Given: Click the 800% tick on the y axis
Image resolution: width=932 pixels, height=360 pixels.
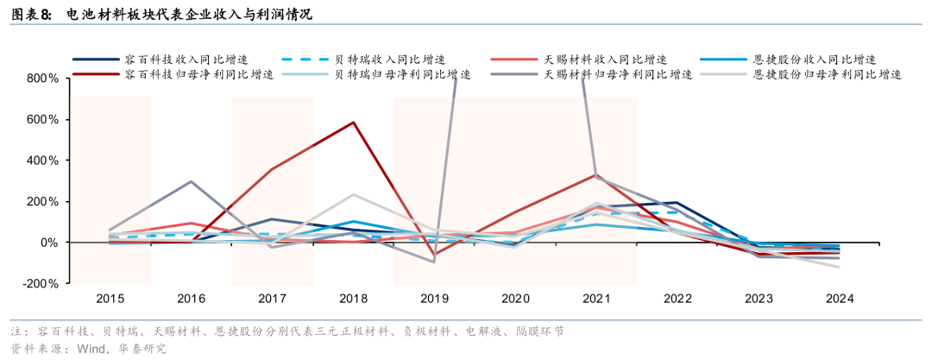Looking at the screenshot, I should [x=42, y=78].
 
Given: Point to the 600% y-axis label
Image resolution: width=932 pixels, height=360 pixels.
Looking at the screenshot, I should [x=42, y=119].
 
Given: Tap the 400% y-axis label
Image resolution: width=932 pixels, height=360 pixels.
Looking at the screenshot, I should [x=42, y=161].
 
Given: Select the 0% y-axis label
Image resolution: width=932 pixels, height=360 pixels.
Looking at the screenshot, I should [x=48, y=243].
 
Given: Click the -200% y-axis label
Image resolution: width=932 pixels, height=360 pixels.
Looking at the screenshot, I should [x=40, y=283].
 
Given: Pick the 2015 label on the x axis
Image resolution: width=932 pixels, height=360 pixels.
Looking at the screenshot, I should [x=110, y=299].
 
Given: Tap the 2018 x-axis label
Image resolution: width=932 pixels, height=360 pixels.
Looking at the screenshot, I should [x=353, y=299].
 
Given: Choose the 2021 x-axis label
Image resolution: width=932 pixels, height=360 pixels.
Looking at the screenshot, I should [x=596, y=299].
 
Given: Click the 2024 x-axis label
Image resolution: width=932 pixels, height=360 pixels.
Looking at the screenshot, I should [x=840, y=299].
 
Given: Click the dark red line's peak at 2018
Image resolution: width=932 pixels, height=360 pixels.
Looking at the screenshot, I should [x=354, y=123].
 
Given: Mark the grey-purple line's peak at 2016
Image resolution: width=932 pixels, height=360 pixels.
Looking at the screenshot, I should [x=191, y=181].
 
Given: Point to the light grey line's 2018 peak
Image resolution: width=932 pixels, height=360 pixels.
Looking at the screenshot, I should [x=354, y=194].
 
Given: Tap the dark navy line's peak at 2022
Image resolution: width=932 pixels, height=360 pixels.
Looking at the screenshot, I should [x=677, y=203].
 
